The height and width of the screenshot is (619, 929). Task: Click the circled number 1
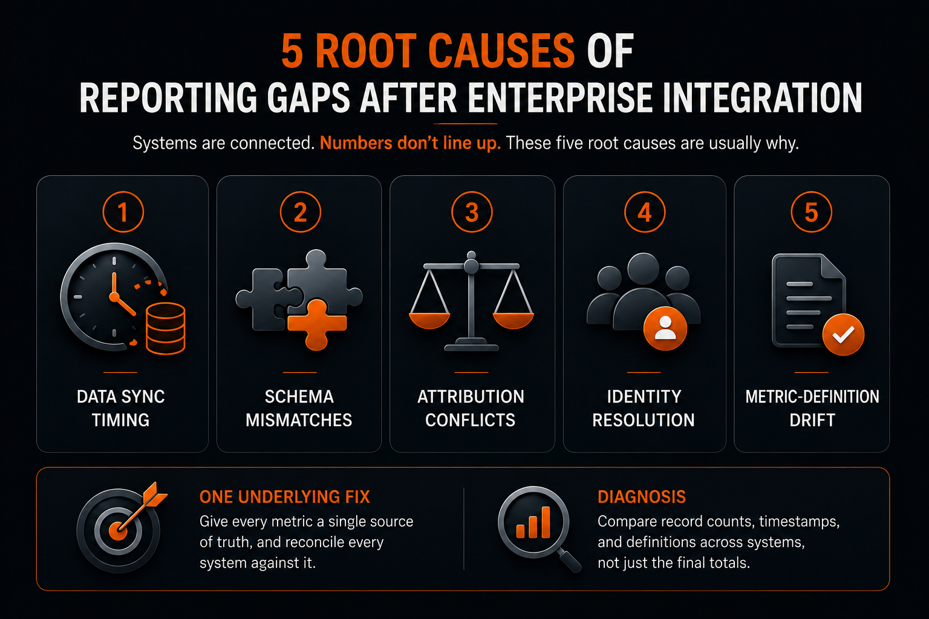tap(123, 212)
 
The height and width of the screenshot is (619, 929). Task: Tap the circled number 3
tap(472, 212)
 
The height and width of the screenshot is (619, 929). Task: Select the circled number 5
tap(811, 212)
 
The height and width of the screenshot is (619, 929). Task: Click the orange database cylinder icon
tap(166, 328)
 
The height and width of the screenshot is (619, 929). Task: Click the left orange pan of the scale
tap(429, 320)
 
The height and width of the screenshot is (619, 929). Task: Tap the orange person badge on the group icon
tap(665, 328)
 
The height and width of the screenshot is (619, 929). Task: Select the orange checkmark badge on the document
tap(843, 334)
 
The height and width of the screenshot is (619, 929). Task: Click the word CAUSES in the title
tap(501, 51)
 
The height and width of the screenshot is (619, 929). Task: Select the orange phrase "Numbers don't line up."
tap(410, 143)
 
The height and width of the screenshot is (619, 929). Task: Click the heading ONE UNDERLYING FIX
tap(284, 497)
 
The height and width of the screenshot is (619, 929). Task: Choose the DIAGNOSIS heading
tap(642, 497)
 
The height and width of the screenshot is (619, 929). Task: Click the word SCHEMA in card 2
tap(299, 397)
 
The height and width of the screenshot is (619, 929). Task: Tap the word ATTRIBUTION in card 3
tap(471, 397)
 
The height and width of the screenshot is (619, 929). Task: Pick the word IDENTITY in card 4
tap(644, 397)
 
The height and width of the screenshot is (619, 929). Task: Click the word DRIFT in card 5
tap(812, 420)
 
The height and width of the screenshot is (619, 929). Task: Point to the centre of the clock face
tap(114, 296)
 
